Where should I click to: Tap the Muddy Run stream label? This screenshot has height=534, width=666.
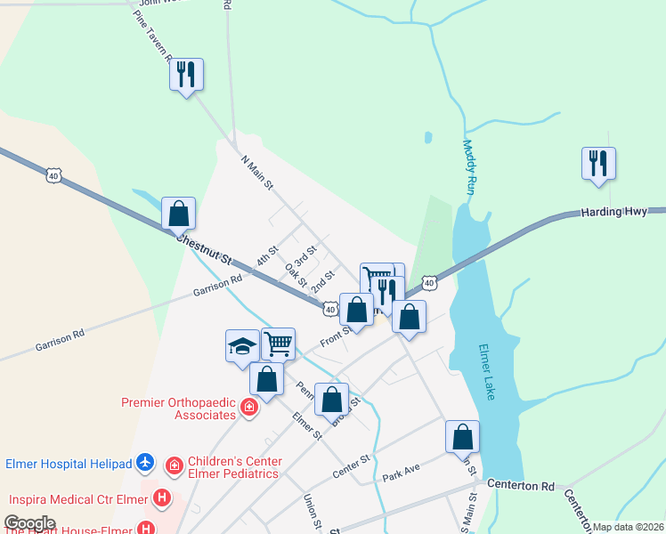468,167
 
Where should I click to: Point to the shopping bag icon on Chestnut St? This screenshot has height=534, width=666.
178,214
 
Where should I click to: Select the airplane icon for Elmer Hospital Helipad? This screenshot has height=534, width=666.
147,463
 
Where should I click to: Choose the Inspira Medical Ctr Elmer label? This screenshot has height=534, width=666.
78,498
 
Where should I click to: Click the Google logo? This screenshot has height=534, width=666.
29,523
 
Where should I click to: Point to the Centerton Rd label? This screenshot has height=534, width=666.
521,487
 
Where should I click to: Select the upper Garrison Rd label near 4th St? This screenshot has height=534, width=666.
217,285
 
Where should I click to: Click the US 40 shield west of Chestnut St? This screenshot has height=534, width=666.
55,176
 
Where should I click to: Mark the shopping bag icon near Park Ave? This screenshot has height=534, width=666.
462,436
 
